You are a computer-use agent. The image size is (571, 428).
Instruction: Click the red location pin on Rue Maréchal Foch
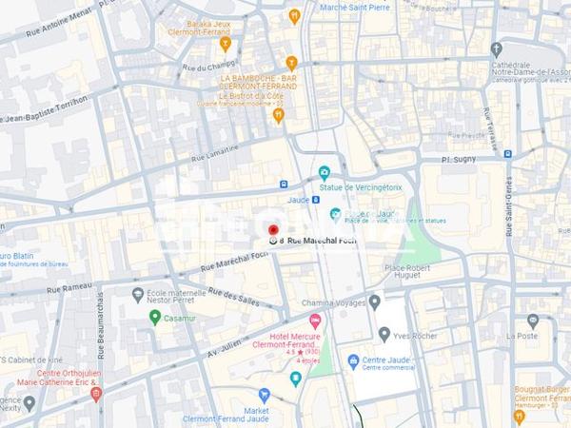pos(274,231)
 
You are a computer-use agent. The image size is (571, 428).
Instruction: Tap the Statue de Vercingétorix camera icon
pos(325,173)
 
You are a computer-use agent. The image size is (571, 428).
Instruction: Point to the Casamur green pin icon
pos(154,317)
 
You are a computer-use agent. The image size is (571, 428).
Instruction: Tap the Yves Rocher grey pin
pos(384,334)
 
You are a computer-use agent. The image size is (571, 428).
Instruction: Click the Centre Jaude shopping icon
pos(353,361)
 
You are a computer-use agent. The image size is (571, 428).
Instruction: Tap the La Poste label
pos(522,336)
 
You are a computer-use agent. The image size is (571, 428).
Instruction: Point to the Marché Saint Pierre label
pos(354,7)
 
